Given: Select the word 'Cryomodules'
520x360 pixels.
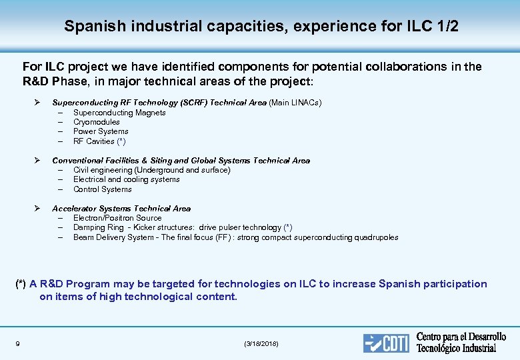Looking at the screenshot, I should coord(97,122).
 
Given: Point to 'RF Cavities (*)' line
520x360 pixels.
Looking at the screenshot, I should coord(99,141).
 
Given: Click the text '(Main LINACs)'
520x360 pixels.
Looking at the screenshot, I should coord(295,103).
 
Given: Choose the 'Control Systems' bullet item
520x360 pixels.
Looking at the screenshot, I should coord(103,189).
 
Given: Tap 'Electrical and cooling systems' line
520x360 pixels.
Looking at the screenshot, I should coord(127,179).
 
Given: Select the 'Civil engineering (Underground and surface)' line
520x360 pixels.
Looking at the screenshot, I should coord(151,170).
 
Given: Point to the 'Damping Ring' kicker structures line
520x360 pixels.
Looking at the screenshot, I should coord(183,227).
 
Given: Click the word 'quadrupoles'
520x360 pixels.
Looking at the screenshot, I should coord(376,237).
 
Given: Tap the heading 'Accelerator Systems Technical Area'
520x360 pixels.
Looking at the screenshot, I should coord(121,209).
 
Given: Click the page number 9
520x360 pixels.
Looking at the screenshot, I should coord(17,343).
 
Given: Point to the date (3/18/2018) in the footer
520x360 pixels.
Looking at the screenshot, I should coord(261,343).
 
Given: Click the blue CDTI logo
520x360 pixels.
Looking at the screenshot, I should coord(387,343).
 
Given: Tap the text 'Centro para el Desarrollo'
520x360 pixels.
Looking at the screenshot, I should coord(461,337).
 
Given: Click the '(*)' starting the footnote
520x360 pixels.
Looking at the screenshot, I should coord(21,284).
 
